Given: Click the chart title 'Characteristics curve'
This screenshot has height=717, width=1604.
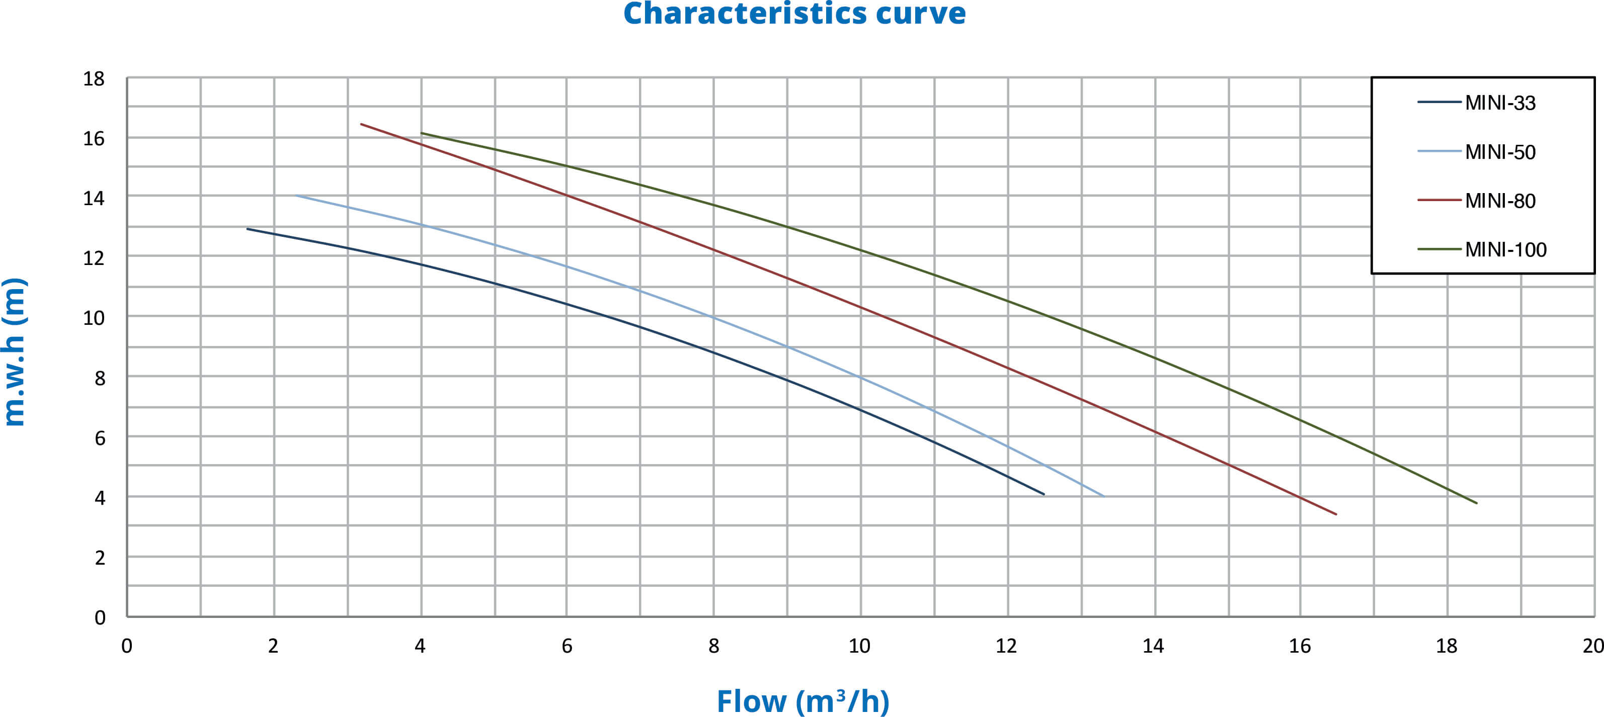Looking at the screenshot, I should tap(794, 14).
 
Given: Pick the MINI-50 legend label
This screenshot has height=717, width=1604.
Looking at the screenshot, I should tap(1499, 152).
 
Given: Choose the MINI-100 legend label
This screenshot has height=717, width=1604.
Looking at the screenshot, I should tap(1505, 249).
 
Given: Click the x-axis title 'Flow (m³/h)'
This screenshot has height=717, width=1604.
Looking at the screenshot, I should tap(803, 701).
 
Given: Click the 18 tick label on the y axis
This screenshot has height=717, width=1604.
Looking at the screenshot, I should tap(94, 79).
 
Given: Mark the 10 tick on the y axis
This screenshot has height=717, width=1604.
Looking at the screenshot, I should tap(94, 318).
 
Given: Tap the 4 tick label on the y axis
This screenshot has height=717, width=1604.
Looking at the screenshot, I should tap(100, 498).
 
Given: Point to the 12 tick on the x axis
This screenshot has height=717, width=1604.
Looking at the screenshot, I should tap(1006, 646).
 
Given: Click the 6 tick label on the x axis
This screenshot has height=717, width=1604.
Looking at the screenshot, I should tap(567, 646).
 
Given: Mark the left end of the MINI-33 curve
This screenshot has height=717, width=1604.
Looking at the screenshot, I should tap(248, 229).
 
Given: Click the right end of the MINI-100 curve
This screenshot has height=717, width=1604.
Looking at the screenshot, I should tap(1476, 503).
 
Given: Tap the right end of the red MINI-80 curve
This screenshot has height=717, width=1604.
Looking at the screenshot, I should tap(1336, 514).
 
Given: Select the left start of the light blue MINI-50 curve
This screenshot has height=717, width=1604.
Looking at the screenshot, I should tap(296, 196).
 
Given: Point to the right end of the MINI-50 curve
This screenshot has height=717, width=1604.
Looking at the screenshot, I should tap(1103, 496).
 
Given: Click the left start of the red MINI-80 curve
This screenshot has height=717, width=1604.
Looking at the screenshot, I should tap(361, 124).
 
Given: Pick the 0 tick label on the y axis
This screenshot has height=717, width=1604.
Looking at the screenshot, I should tap(100, 617).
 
